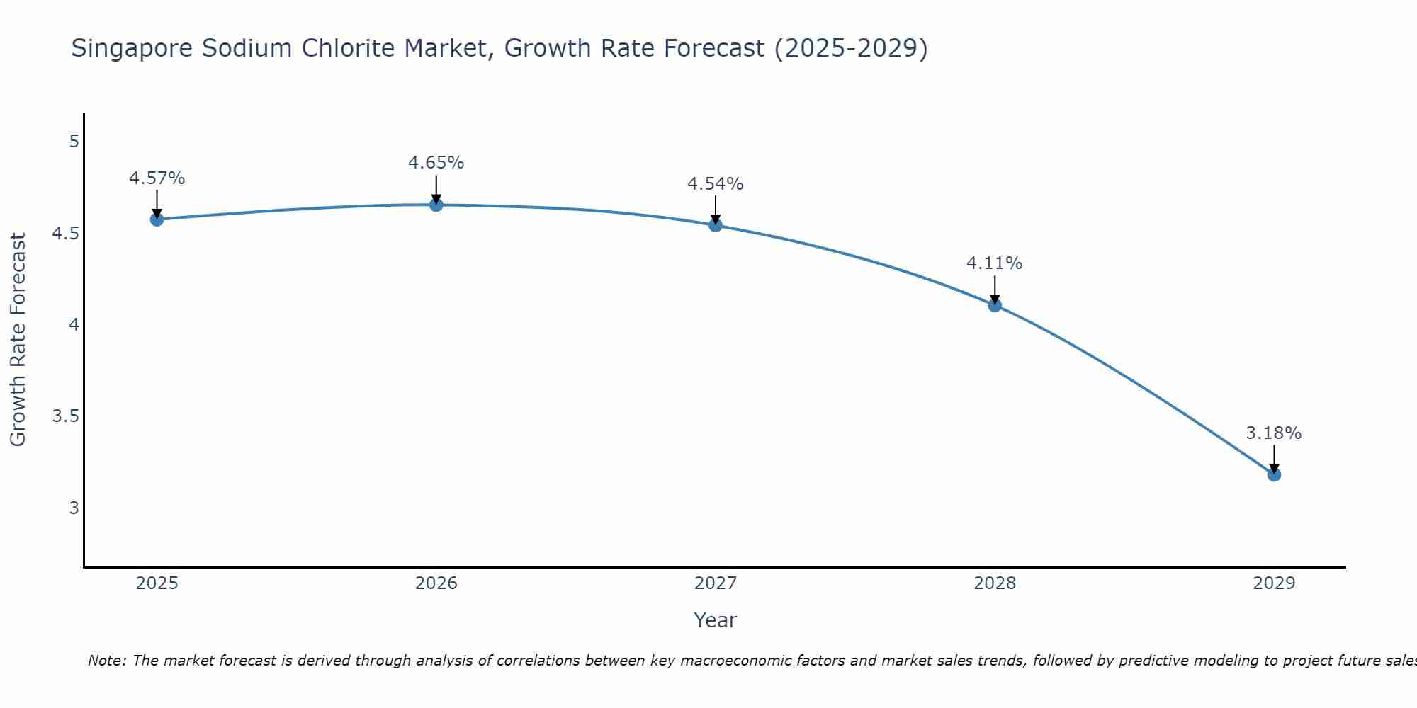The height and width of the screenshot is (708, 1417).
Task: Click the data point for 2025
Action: pos(157,219)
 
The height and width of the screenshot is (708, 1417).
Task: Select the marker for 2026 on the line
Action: pos(436,205)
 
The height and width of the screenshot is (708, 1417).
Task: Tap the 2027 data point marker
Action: pos(716,225)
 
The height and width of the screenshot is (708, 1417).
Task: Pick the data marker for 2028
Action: pos(995,305)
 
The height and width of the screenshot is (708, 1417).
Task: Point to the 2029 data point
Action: pos(1274,474)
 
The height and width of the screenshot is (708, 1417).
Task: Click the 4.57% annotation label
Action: pos(157,178)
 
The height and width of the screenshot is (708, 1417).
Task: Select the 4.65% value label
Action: pos(436,163)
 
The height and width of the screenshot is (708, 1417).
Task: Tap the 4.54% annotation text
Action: pos(716,184)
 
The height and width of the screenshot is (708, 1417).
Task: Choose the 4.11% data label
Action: pos(995,263)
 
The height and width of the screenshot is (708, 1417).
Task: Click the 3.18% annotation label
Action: pos(1274,433)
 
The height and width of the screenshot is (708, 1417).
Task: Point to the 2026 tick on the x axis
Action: pos(436,583)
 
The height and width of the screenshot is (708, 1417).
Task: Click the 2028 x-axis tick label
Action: pos(995,583)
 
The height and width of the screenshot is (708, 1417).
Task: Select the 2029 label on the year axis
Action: pos(1274,583)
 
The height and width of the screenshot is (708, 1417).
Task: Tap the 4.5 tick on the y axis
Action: pos(65,234)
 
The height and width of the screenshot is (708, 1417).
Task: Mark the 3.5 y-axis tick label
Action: pos(65,416)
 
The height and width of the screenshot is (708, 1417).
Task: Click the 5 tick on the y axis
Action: pos(74,142)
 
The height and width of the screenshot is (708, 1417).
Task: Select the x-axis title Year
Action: pos(716,620)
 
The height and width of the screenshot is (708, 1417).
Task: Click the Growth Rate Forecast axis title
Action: pos(18,340)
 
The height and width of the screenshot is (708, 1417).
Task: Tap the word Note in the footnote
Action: pos(106,661)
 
